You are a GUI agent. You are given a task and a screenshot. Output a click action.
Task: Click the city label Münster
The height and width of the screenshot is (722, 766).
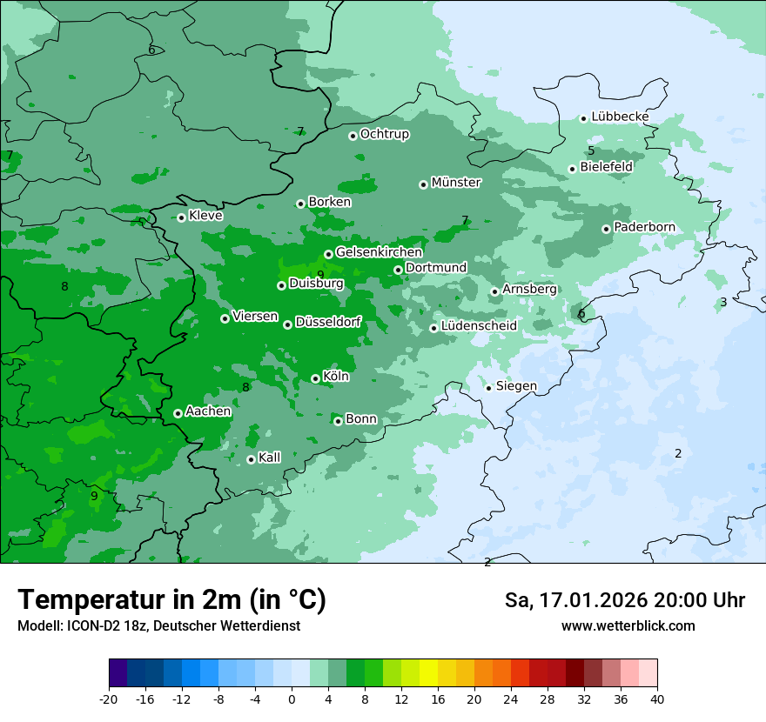(x=456, y=183)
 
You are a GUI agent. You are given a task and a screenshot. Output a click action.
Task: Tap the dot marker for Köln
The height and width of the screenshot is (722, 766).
(x=315, y=378)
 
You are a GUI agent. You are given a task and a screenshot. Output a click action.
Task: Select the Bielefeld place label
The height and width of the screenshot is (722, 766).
(x=606, y=166)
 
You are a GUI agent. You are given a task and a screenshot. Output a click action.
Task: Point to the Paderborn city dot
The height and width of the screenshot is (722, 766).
(x=607, y=229)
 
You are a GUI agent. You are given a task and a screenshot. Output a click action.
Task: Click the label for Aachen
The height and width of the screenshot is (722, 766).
(x=208, y=411)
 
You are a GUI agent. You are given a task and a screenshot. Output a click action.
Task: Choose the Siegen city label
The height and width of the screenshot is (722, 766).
(x=516, y=386)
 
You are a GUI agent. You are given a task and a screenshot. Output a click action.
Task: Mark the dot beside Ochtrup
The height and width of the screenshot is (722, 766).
(x=353, y=135)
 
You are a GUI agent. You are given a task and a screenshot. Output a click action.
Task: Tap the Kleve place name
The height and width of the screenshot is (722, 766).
(x=205, y=216)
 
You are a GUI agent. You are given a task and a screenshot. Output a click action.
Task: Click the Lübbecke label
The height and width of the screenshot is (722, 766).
(x=620, y=117)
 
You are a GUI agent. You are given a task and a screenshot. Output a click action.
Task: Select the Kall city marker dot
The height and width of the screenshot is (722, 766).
(x=251, y=459)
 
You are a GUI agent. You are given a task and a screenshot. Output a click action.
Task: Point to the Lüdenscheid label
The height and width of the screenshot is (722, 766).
(x=479, y=326)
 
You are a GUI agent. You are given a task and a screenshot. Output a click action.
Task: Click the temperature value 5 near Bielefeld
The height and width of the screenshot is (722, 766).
(x=591, y=150)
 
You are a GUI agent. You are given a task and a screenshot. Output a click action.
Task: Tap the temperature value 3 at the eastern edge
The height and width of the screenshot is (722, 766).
(x=723, y=302)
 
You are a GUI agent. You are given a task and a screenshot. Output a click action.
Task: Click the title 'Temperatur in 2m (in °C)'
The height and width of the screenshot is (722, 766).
(x=171, y=599)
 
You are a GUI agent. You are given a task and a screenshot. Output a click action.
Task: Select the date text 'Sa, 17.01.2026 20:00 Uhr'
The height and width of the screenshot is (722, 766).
(x=624, y=600)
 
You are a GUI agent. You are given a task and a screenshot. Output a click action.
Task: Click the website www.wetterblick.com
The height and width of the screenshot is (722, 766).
(x=628, y=626)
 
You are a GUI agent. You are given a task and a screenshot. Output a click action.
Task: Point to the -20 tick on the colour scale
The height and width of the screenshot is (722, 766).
(x=109, y=699)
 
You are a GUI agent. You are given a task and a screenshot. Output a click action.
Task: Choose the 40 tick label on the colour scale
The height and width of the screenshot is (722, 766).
(x=657, y=699)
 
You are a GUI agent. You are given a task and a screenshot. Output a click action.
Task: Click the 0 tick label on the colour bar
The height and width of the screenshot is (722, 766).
(x=292, y=699)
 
